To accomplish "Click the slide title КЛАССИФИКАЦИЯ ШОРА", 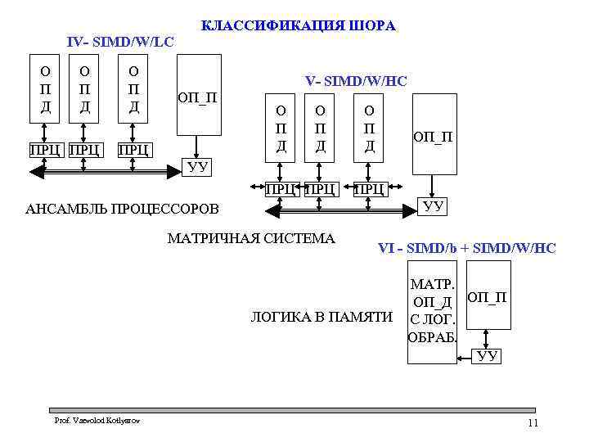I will coord(299,26).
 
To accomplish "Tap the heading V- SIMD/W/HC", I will coord(356,81).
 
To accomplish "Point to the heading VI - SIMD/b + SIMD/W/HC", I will coord(466,248).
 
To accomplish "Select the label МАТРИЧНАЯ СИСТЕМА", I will coord(251,239).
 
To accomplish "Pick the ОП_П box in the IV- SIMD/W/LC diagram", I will coord(199,94).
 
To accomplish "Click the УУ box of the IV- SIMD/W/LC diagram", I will coord(199,167).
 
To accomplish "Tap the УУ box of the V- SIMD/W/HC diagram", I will coord(434,205).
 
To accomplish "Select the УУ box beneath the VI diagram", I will coord(488,355).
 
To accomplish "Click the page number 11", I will coord(533,422).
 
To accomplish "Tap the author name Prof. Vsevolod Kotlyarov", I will coord(97,420).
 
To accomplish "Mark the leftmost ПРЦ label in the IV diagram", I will coord(44,150).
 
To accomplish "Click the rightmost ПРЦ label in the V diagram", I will coord(370,190).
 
